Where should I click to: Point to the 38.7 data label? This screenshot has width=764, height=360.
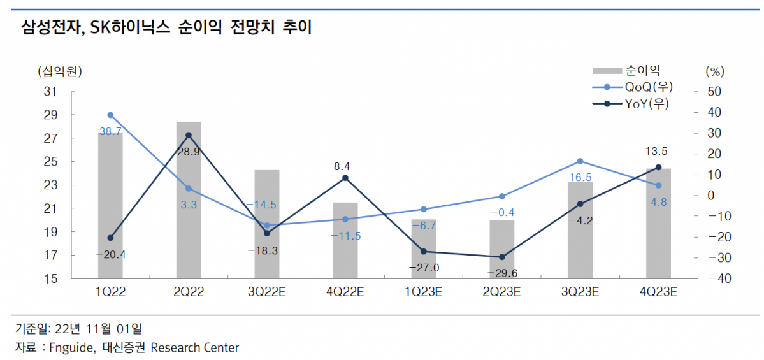[x=110, y=131]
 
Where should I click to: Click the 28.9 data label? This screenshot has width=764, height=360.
[x=189, y=152]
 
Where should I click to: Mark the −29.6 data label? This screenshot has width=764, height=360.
[x=501, y=273]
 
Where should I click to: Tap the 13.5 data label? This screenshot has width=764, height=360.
[x=658, y=152]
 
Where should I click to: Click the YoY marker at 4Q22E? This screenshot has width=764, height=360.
[x=345, y=178]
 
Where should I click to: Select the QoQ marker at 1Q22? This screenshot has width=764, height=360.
[x=110, y=115]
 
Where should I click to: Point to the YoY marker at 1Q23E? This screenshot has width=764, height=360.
[x=424, y=252]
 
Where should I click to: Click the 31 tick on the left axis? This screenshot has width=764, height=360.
[x=51, y=92]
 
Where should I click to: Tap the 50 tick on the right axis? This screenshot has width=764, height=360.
[x=714, y=92]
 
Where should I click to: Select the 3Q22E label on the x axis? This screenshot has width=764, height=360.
[x=267, y=292]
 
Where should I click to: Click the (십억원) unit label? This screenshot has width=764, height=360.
[x=59, y=70]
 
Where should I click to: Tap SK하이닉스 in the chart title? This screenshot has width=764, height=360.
[x=129, y=27]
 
